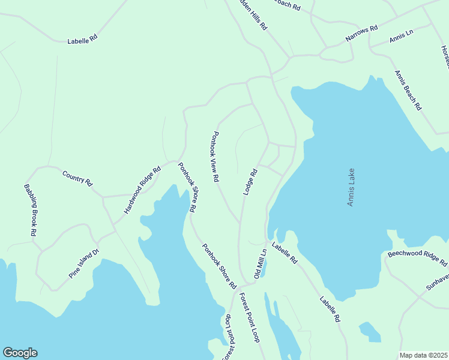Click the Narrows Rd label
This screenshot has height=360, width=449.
click(x=361, y=33)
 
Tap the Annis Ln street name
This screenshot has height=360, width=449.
click(x=401, y=37)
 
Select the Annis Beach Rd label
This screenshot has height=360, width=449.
click(x=408, y=90)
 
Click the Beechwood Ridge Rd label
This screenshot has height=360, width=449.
click(x=417, y=258)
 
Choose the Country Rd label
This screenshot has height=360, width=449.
click(x=77, y=178)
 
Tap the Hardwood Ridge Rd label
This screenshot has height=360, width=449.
click(x=142, y=190)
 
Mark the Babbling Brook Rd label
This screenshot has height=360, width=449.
click(x=31, y=210)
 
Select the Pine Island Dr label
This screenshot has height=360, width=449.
click(x=83, y=265)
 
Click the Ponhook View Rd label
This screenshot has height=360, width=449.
click(x=214, y=157)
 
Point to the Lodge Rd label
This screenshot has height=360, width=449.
click(x=250, y=181)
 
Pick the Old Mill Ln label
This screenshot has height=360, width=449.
click(x=260, y=263)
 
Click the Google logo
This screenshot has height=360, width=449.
click(x=20, y=353)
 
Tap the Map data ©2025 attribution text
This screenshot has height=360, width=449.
click(x=423, y=355)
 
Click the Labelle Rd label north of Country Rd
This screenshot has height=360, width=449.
click(x=82, y=40)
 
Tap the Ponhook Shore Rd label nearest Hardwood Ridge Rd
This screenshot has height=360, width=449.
click(x=187, y=187)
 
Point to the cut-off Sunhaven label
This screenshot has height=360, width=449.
click(x=438, y=282)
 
